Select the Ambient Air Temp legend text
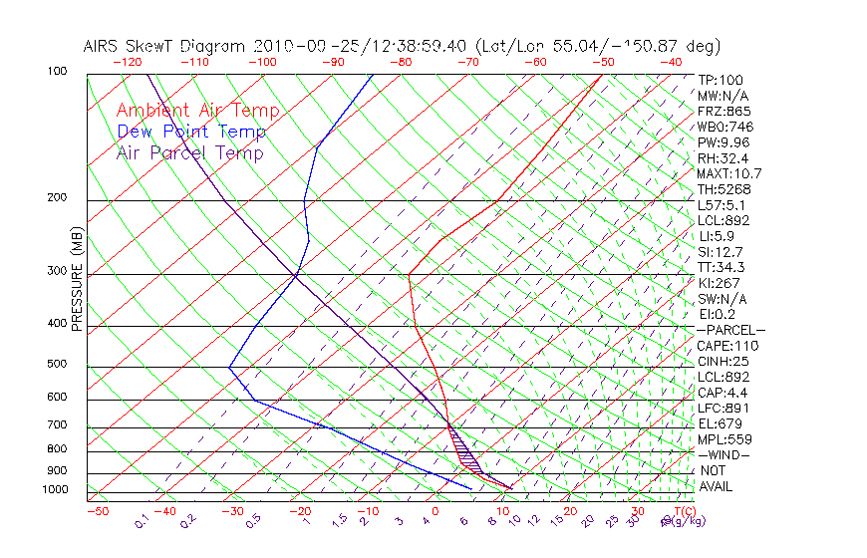[x=197, y=111]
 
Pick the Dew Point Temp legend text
[x=191, y=132]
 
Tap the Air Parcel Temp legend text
[x=189, y=152]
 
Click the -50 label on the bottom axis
[x=98, y=512]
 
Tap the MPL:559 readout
[x=723, y=439]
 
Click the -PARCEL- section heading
[x=730, y=330]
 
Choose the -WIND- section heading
[x=723, y=455]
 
